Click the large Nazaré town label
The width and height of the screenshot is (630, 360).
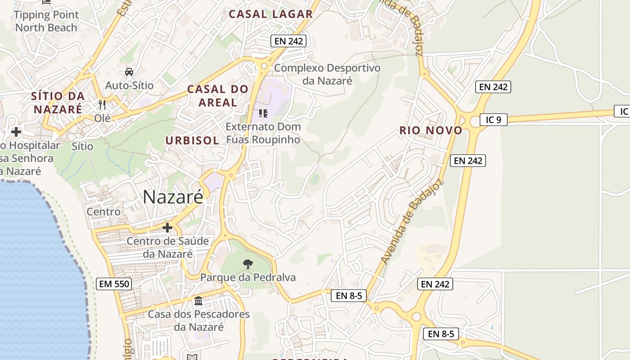tap(173, 197)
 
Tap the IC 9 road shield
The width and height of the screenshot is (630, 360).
tap(493, 120)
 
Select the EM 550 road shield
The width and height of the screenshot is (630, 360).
tap(114, 284)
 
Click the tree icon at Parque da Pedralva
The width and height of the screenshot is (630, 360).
tap(247, 264)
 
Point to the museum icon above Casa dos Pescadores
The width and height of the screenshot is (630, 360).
tap(198, 301)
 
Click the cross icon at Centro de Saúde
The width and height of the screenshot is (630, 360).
tap(167, 228)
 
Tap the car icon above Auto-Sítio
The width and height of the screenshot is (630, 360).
tap(129, 72)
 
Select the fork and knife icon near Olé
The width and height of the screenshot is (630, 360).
tap(102, 105)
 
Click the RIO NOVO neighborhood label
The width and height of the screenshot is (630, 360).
tap(431, 130)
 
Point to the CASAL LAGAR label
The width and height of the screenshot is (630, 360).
tap(270, 14)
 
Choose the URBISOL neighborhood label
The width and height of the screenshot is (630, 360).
tap(192, 140)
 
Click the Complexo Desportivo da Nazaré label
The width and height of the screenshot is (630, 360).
tap(327, 74)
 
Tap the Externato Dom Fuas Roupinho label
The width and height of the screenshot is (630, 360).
tap(263, 133)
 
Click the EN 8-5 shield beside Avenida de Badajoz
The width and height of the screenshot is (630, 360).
tap(349, 296)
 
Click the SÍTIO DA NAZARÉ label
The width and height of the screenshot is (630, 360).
tap(58, 102)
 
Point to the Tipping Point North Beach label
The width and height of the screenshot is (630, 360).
tap(46, 21)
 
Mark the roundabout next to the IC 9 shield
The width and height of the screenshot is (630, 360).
tap(474, 121)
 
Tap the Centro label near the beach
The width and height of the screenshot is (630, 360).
tap(103, 211)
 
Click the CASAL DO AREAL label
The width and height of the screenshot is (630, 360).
tap(218, 95)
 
